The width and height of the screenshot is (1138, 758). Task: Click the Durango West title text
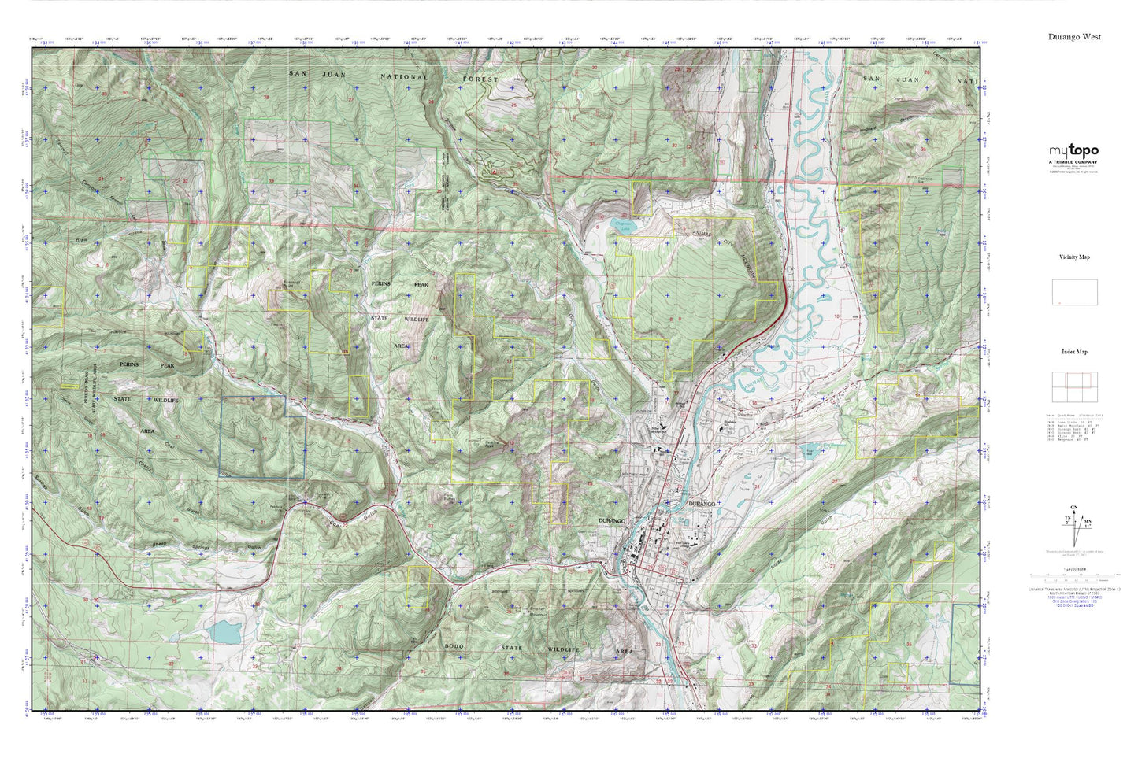point(1074,37)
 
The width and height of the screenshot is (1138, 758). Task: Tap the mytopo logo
point(1073,151)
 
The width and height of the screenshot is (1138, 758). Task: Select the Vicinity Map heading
point(1074,257)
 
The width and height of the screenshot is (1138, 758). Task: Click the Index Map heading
point(1074,352)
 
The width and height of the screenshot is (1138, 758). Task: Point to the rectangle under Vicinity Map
point(1074,293)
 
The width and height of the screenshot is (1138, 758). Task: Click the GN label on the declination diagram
point(1074,508)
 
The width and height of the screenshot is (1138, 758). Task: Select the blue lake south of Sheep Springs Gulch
point(224,630)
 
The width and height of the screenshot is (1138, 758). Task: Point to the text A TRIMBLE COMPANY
point(1073,162)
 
